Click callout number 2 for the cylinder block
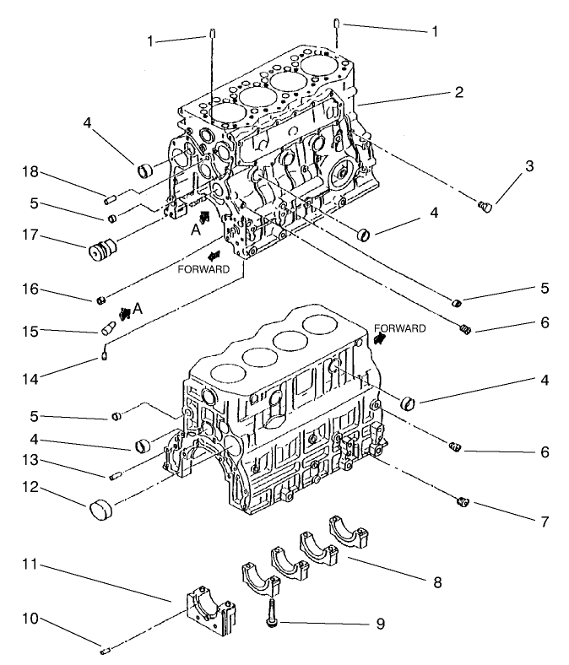(x=458, y=93)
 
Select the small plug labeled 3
(x=485, y=205)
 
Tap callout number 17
(x=29, y=237)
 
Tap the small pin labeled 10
(x=104, y=650)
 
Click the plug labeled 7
(x=463, y=503)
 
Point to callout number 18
(x=29, y=172)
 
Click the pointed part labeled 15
(x=108, y=327)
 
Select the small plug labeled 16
(x=101, y=300)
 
